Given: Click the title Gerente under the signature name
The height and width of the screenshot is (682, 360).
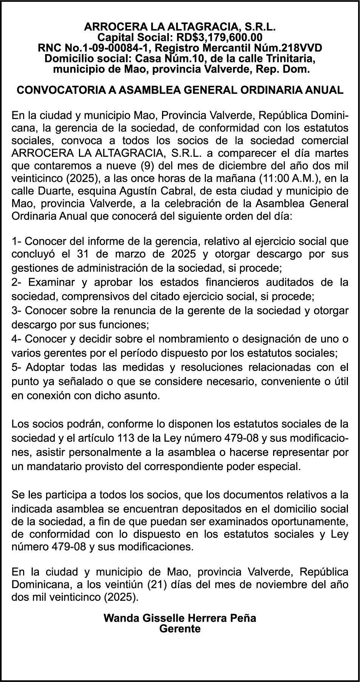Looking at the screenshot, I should tap(180, 629).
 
